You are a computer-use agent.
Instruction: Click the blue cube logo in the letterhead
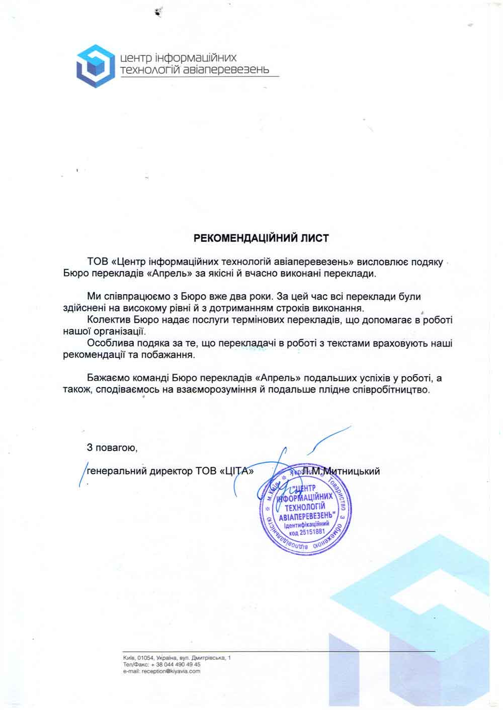click(x=95, y=66)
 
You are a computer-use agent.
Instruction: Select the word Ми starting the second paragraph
click(x=94, y=297)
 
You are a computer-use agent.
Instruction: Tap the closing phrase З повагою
click(x=112, y=447)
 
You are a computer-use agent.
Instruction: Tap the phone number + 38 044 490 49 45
click(x=174, y=664)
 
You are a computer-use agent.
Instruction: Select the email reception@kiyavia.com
click(x=171, y=671)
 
